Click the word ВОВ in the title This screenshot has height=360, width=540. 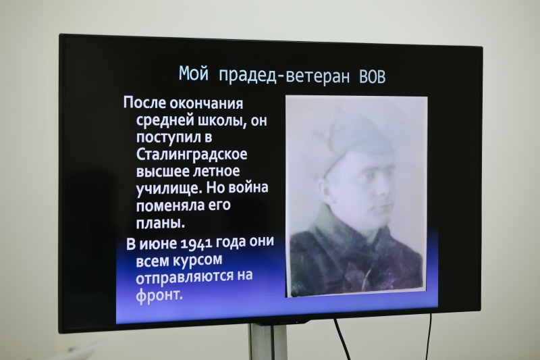372,77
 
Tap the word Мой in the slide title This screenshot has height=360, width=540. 194,73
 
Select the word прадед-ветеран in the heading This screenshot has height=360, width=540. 284,76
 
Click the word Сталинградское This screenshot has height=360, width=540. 192,154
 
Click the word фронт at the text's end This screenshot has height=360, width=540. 159,295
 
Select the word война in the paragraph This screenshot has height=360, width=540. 248,187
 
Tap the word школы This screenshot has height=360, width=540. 222,121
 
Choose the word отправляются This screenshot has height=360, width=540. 184,278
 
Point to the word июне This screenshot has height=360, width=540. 158,244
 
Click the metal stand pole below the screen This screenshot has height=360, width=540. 268,342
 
